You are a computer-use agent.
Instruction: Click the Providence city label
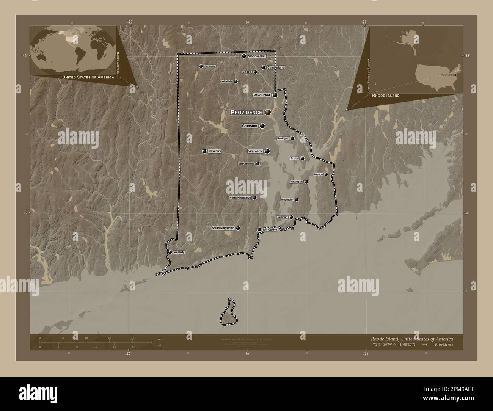246,112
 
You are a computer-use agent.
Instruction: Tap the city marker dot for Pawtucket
275,96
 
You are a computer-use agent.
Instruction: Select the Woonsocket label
256,56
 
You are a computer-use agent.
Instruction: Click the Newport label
283,217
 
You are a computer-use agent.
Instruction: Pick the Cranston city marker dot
262,126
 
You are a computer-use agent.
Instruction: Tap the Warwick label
255,151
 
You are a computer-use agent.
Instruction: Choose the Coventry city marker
204,151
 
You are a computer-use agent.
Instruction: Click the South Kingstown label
223,228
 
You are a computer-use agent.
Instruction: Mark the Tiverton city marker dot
326,174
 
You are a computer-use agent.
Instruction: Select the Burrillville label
210,66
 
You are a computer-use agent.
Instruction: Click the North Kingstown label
240,198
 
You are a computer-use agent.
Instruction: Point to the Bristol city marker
302,158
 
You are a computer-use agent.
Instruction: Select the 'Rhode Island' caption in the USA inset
386,96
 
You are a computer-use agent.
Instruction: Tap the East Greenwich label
246,164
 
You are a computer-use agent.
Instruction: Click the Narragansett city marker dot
259,230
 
